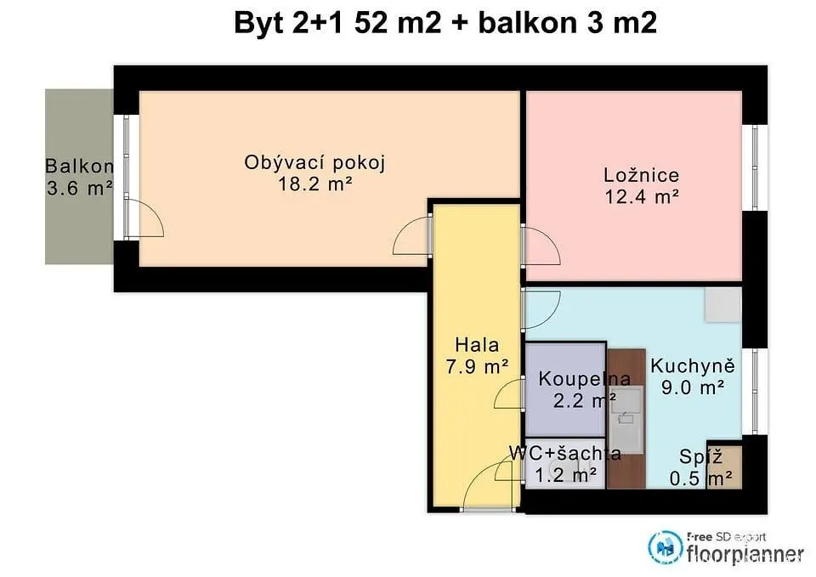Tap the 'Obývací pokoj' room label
click(x=314, y=162)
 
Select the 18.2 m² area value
click(x=315, y=184)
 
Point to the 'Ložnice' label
click(x=641, y=175)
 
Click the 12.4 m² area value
click(x=642, y=196)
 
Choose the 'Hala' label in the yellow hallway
click(x=477, y=344)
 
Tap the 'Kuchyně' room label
click(x=693, y=366)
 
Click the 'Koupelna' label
click(x=585, y=379)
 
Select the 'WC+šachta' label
click(x=565, y=453)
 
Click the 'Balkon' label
click(x=79, y=166)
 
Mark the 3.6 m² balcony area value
click(x=80, y=188)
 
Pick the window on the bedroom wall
click(x=754, y=167)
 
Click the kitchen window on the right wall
click(x=755, y=391)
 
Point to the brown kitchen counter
click(x=626, y=418)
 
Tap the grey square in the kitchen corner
click(x=722, y=304)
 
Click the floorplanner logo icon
click(x=665, y=547)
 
